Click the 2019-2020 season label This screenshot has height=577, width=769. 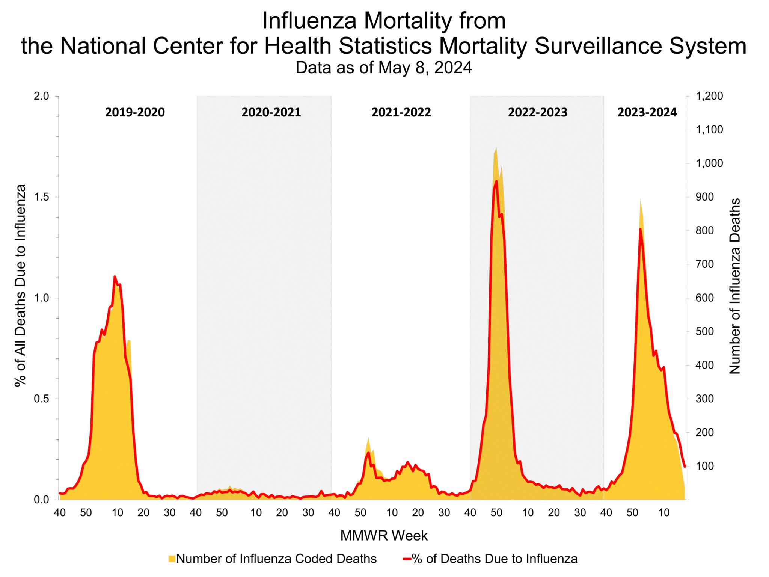(x=135, y=112)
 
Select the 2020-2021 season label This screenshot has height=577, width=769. (x=271, y=112)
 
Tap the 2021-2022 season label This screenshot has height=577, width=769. (x=401, y=112)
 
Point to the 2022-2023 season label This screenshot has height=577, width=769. (x=537, y=112)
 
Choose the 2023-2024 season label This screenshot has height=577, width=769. (x=647, y=112)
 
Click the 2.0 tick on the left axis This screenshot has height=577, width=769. (x=42, y=96)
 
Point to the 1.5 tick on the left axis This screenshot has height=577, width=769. (x=42, y=197)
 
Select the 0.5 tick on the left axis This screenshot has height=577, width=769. (x=42, y=399)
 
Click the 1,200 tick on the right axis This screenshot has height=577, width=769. (x=709, y=96)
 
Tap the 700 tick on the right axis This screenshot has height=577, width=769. (x=705, y=264)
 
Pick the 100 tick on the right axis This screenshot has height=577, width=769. (x=705, y=466)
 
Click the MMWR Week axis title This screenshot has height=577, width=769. (x=384, y=536)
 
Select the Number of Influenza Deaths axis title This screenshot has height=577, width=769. (x=734, y=286)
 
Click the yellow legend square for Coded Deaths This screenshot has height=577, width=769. (x=172, y=559)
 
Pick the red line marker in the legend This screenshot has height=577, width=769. (x=407, y=559)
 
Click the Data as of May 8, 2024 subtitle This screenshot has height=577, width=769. (x=383, y=68)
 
